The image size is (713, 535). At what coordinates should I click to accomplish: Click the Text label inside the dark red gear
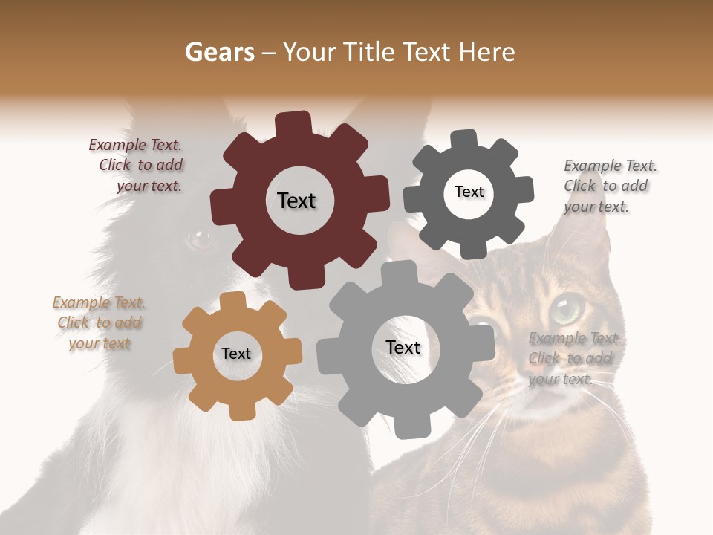296,201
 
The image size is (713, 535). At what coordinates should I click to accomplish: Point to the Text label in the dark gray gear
469,192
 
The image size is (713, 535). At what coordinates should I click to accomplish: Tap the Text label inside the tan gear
236,354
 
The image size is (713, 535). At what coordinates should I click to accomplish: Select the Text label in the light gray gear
403,347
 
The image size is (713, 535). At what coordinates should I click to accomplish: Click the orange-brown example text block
99,323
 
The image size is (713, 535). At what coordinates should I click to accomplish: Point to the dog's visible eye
198,239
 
